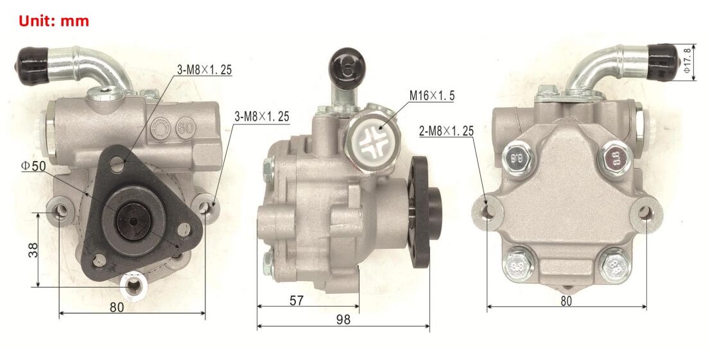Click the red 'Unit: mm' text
54,21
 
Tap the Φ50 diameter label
33,166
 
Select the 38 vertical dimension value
33,250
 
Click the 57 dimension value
296,300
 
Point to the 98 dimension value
343,320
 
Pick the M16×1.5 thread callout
431,96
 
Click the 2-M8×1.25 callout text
446,132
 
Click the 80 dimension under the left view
117,307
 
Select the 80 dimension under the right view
566,301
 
